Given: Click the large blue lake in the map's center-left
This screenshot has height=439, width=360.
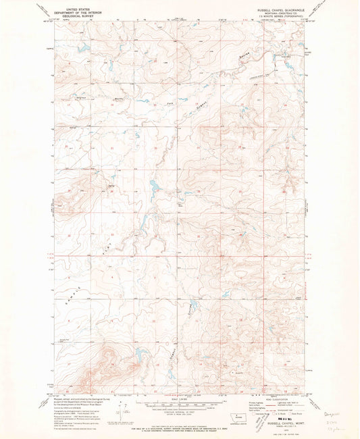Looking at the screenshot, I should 153,184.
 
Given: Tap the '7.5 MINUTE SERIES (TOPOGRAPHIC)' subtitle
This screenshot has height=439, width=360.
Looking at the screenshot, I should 288,20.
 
